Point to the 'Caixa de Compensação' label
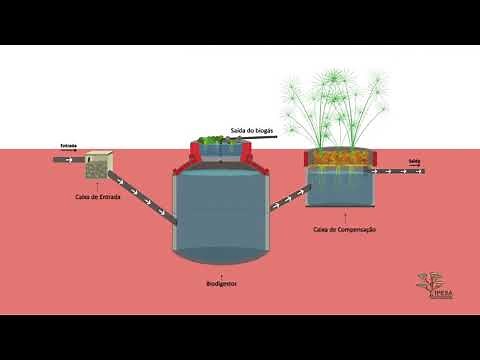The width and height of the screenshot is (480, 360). coord(344,230)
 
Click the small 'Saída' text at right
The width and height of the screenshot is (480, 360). coord(413,160)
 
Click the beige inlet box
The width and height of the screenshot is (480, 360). coord(98,166)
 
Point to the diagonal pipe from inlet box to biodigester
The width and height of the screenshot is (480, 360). coord(141,195)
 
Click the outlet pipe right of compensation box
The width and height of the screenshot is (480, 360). coord(406,170)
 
